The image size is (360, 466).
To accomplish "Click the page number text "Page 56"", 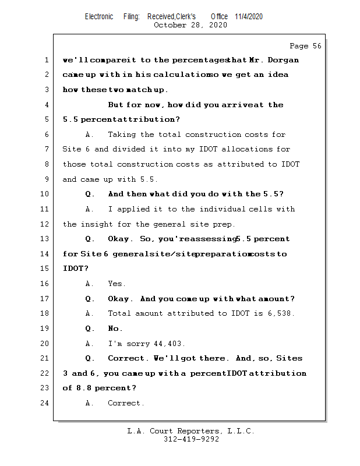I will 305,46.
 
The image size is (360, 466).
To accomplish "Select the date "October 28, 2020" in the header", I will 190,25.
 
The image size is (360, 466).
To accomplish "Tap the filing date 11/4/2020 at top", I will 249,16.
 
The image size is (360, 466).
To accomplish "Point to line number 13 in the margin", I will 45,239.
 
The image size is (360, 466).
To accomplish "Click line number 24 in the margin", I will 45,403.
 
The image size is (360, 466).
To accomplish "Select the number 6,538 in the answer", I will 282,314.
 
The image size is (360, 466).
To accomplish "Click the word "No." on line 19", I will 115,329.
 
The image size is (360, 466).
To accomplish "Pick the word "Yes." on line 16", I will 117,284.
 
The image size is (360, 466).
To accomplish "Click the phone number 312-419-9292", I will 191,439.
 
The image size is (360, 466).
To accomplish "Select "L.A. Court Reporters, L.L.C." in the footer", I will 191,431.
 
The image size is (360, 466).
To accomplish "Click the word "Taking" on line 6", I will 122,135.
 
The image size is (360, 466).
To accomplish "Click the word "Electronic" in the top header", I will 99,16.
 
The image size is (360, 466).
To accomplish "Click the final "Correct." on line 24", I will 126,403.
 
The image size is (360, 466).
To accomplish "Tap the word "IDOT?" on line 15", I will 76,269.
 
